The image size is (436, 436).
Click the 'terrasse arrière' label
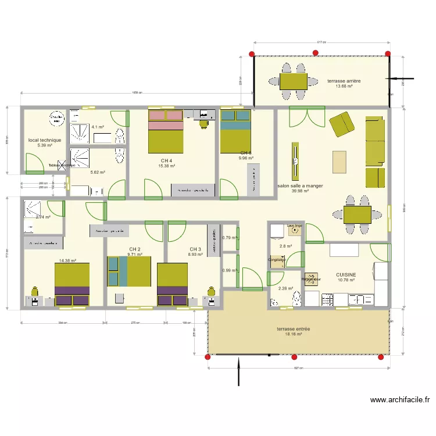pos(344,81)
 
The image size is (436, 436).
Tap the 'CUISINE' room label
pos(346,274)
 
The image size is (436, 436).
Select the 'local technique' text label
pos(45,140)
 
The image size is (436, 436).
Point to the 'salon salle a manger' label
pos(300,187)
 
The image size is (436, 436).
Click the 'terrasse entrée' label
pos(294,329)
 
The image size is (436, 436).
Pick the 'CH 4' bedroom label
pos(166,161)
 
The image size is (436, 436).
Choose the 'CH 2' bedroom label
pos(135,249)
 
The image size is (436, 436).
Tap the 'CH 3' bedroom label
pos(195,249)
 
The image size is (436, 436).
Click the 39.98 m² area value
pos(300,192)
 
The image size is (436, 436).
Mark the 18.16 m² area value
pos(294,334)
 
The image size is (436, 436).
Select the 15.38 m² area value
pos(166,166)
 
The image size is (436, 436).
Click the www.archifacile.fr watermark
pos(401,400)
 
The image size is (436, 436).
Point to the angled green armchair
pos(342,124)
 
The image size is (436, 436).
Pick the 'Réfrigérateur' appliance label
pos(311,279)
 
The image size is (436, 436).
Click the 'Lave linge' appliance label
pos(295,225)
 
